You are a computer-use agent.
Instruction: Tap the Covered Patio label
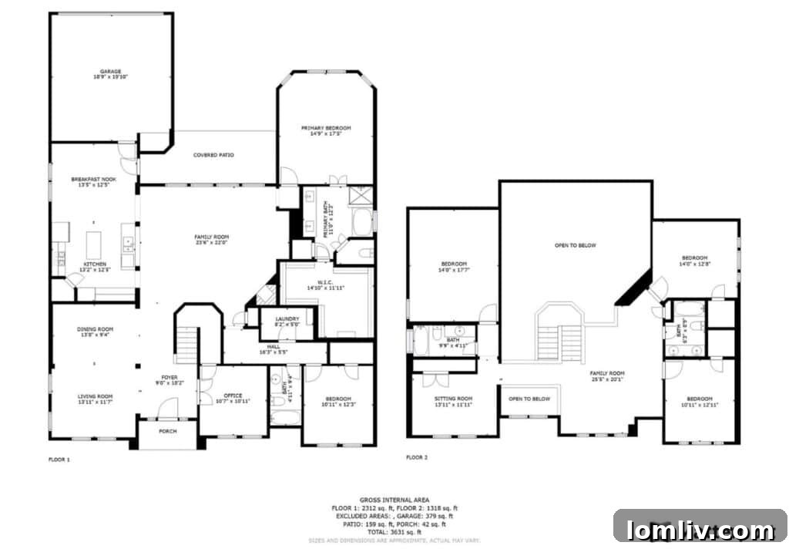213,155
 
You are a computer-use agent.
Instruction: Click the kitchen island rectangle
95,246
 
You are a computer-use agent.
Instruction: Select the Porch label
167,431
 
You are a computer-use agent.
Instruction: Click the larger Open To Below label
576,245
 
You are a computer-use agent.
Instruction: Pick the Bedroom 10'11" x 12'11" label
699,402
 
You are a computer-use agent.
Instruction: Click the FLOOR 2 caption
417,457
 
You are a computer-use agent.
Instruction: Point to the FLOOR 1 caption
59,459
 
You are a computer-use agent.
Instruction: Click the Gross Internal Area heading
394,500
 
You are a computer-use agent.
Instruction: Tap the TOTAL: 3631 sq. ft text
394,532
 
